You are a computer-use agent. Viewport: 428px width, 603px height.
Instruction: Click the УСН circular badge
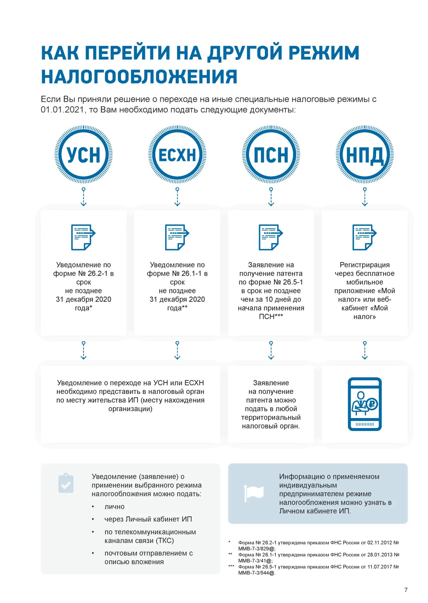pos(83,155)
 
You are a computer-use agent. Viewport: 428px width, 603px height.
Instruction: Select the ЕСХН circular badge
pos(177,155)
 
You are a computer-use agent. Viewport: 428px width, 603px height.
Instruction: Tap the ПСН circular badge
pos(271,155)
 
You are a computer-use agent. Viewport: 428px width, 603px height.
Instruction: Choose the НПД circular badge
pos(365,155)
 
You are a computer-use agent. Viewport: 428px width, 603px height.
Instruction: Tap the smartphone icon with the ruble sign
pos(365,404)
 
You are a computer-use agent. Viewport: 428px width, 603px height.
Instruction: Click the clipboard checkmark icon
pos(66,483)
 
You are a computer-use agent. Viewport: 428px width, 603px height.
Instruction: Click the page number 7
pos(406,590)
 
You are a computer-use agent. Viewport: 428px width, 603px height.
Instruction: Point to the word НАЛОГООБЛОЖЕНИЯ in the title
pos(139,77)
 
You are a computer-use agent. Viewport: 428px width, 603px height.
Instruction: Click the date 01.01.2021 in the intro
pos(62,110)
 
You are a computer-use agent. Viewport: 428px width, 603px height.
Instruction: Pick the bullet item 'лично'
pos(114,507)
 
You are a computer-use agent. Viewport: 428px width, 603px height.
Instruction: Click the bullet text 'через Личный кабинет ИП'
pos(148,519)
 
